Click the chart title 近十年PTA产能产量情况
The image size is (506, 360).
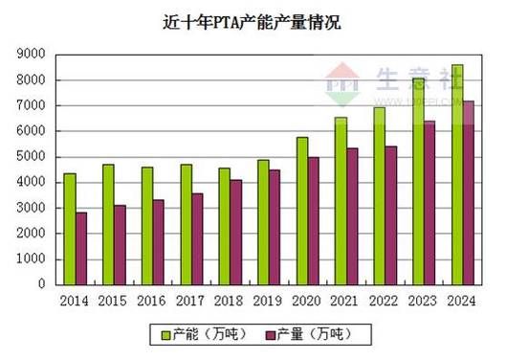[252, 22]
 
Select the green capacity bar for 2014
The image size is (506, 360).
[70, 229]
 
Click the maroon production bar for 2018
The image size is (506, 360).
[236, 232]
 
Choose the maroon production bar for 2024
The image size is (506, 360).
[469, 192]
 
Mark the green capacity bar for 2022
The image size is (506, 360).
[380, 195]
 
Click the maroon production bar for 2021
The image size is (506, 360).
[352, 216]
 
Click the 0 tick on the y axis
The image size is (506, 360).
[41, 284]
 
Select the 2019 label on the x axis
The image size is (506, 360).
[269, 301]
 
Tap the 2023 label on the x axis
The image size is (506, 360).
[424, 301]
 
